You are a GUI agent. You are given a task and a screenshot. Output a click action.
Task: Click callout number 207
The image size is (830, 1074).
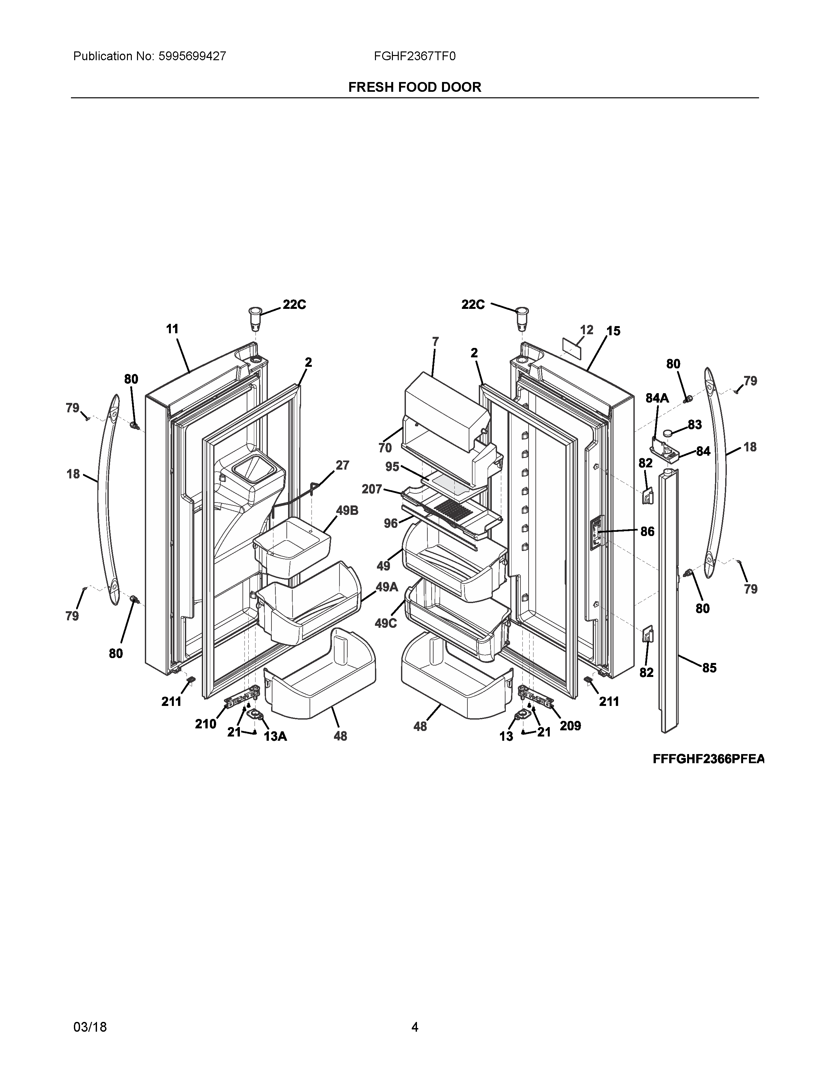pyautogui.click(x=372, y=489)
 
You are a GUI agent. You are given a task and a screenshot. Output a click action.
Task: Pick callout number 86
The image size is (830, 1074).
pyautogui.click(x=647, y=531)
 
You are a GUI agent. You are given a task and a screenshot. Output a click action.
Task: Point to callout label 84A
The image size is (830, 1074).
pyautogui.click(x=657, y=398)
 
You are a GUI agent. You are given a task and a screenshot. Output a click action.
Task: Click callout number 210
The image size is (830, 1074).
pyautogui.click(x=205, y=724)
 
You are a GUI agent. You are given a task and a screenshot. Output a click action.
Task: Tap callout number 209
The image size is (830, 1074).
pyautogui.click(x=570, y=726)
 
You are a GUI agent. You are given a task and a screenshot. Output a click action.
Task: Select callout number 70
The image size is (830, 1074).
pyautogui.click(x=385, y=447)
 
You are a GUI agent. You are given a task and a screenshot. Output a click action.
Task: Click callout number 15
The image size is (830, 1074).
pyautogui.click(x=613, y=331)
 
